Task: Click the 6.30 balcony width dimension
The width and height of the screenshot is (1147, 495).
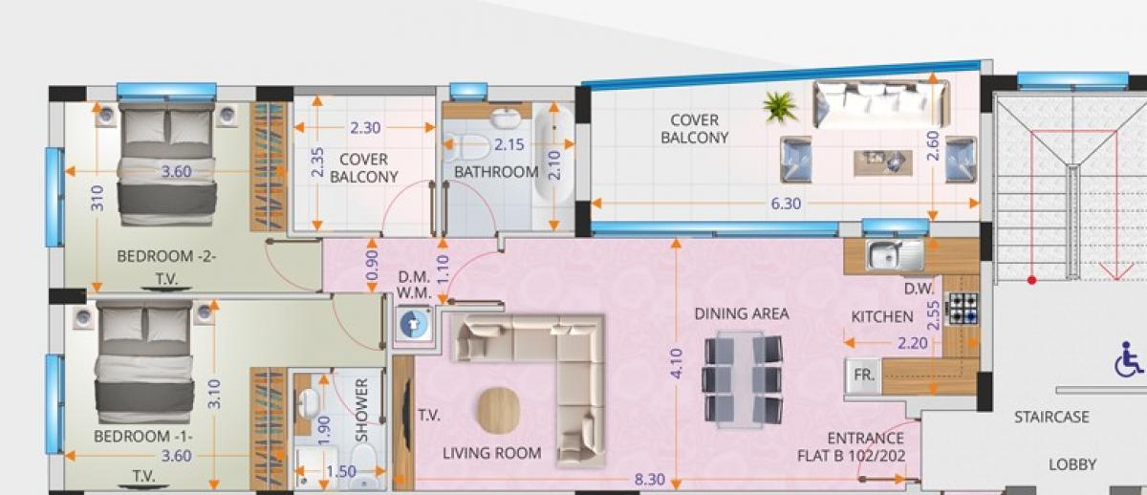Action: tap(786, 204)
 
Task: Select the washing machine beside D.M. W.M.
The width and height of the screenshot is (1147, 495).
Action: tap(414, 324)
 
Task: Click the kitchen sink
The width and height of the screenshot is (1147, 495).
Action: tap(895, 255)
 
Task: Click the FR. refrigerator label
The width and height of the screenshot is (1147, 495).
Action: tap(864, 376)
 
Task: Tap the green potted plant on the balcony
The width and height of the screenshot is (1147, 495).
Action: tap(780, 107)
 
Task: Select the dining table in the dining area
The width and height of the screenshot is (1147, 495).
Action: tap(743, 378)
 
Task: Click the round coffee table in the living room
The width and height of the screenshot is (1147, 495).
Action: tap(498, 410)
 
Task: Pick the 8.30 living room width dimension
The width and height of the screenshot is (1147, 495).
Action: tap(649, 480)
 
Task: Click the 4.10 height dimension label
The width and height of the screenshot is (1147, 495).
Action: tap(677, 363)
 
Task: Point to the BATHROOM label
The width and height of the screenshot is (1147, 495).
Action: tap(496, 172)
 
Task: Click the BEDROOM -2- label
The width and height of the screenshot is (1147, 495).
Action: tap(166, 256)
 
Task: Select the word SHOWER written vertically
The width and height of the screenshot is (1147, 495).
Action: tap(361, 410)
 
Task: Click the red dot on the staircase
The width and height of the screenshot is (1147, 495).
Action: tap(1031, 280)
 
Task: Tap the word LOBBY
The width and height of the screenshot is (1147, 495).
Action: tap(1072, 464)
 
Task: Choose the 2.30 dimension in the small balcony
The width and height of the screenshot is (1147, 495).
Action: tap(365, 127)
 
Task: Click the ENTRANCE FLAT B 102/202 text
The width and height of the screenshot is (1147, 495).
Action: tap(852, 447)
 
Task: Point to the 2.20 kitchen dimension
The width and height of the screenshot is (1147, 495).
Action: tap(912, 342)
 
